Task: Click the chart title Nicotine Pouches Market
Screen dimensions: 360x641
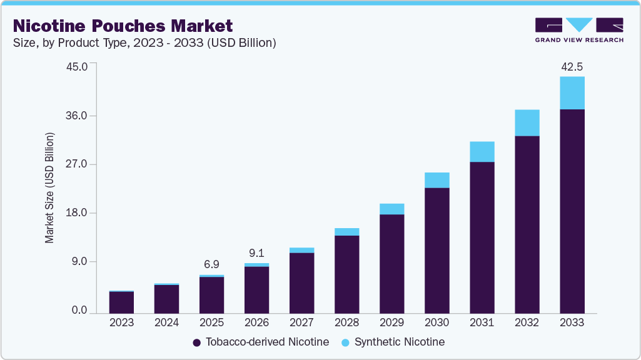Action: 123,26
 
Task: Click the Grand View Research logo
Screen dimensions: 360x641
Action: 579,30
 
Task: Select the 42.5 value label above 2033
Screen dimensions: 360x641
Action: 572,66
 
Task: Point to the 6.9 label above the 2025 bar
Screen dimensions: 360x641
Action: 211,264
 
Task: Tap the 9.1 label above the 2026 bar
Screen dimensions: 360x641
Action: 256,253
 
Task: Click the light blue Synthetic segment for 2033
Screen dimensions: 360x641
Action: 572,93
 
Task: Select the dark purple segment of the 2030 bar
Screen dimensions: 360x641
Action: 437,250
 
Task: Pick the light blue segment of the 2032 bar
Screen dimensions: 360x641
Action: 527,122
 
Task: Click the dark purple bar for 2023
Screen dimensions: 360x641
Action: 121,302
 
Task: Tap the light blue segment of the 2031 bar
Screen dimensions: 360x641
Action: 482,152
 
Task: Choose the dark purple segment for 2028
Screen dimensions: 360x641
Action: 346,274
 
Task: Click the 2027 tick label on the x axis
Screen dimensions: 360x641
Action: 301,323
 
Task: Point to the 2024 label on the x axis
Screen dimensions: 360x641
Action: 166,323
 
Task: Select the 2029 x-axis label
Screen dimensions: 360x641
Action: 391,323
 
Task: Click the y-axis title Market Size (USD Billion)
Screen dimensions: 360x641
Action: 49,188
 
